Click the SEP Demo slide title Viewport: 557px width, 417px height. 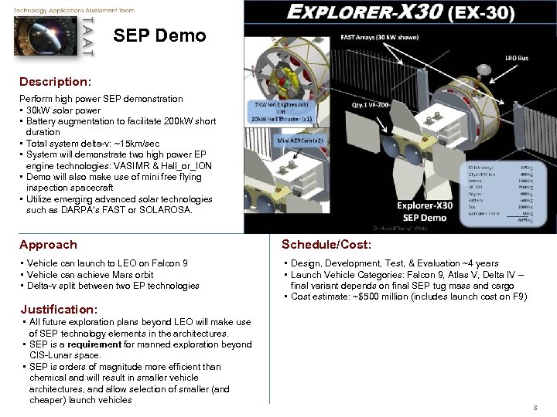pyautogui.click(x=159, y=36)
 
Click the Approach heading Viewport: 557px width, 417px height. pyautogui.click(x=48, y=245)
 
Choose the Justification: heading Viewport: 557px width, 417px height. pyautogui.click(x=59, y=309)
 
